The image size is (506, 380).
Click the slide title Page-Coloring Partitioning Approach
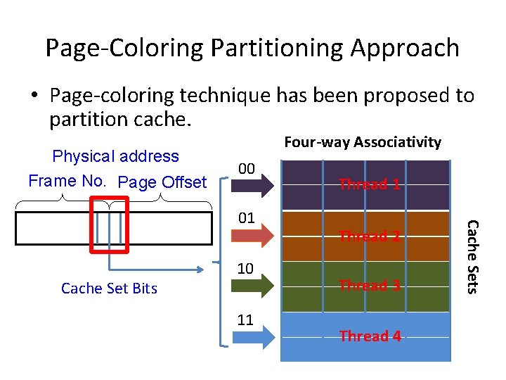pos(252,48)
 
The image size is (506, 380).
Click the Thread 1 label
pos(370,184)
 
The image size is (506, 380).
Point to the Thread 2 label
pos(370,236)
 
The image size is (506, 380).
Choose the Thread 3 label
pos(370,285)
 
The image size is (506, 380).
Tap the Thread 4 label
pos(370,336)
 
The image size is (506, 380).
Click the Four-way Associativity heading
pos(362,142)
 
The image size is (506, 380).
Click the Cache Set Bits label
pos(109,288)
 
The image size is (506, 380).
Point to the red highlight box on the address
pos(109,225)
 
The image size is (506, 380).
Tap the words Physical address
pos(116,156)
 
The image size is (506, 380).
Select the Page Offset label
pos(162,182)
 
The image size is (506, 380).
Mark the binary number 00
pos(245,169)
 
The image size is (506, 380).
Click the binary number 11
pos(245,320)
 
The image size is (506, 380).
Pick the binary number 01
pos(245,217)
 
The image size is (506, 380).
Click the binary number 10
pos(245,269)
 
